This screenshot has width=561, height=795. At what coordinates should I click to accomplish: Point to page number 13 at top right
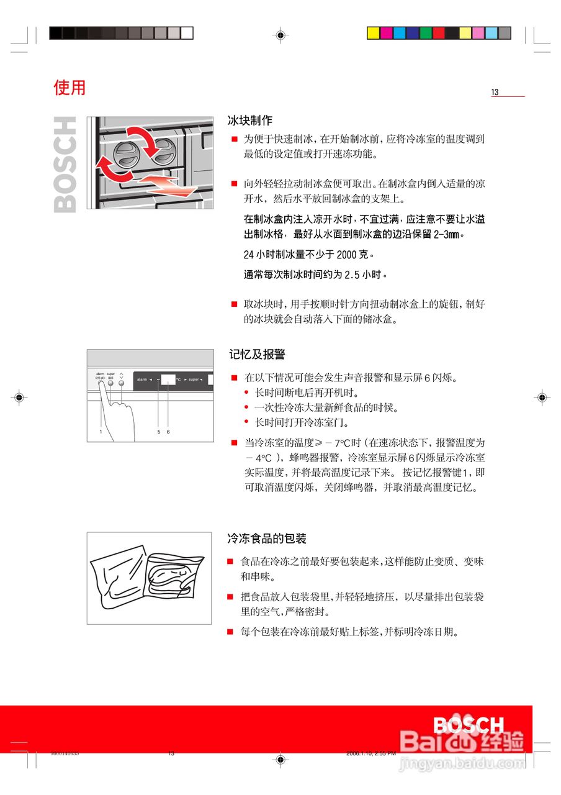[495, 93]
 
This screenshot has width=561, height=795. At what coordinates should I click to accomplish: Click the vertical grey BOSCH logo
[65, 165]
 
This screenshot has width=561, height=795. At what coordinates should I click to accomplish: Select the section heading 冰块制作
[250, 120]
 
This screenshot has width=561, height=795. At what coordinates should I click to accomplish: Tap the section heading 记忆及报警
[257, 355]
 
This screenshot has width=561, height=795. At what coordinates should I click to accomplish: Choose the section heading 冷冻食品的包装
[267, 538]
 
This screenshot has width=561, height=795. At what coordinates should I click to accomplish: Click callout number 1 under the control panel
[100, 431]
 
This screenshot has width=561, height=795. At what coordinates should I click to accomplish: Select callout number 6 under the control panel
[168, 431]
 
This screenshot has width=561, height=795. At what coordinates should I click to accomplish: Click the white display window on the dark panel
[168, 379]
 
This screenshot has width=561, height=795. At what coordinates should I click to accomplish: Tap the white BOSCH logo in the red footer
[469, 725]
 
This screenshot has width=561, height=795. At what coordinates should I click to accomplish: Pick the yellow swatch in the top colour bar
[373, 33]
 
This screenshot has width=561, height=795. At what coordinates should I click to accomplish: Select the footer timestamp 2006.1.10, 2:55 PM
[370, 753]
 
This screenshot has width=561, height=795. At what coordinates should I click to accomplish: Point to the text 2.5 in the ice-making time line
[352, 275]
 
